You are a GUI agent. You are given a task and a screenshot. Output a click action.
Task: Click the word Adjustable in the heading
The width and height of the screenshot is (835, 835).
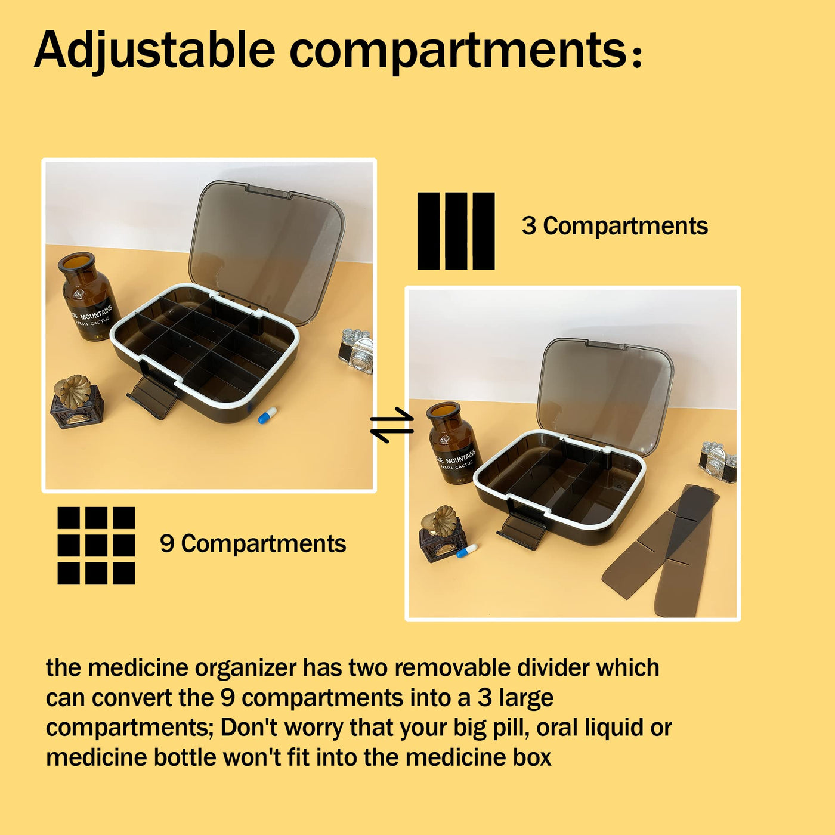coord(154,50)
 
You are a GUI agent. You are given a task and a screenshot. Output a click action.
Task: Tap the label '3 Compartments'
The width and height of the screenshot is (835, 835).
coord(614,226)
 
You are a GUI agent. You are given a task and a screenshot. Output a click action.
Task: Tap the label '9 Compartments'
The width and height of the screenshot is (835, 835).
coord(253,543)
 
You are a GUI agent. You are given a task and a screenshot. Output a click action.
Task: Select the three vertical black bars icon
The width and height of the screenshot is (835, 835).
coord(456,231)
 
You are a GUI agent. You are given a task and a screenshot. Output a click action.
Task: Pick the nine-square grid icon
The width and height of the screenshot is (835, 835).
coord(96,545)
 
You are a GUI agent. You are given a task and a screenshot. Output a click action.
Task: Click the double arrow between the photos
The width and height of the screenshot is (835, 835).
coord(392,425)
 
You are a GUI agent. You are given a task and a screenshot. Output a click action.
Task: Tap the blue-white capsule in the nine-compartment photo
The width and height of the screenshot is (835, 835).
coord(267,415)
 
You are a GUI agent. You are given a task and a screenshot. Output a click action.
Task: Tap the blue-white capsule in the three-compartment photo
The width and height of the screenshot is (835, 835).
coord(466,551)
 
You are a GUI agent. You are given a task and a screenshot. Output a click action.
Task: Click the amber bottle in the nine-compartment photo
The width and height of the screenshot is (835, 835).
coord(88,296)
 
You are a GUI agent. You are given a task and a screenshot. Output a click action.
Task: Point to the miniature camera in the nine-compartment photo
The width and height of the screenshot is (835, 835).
coord(355,350)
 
